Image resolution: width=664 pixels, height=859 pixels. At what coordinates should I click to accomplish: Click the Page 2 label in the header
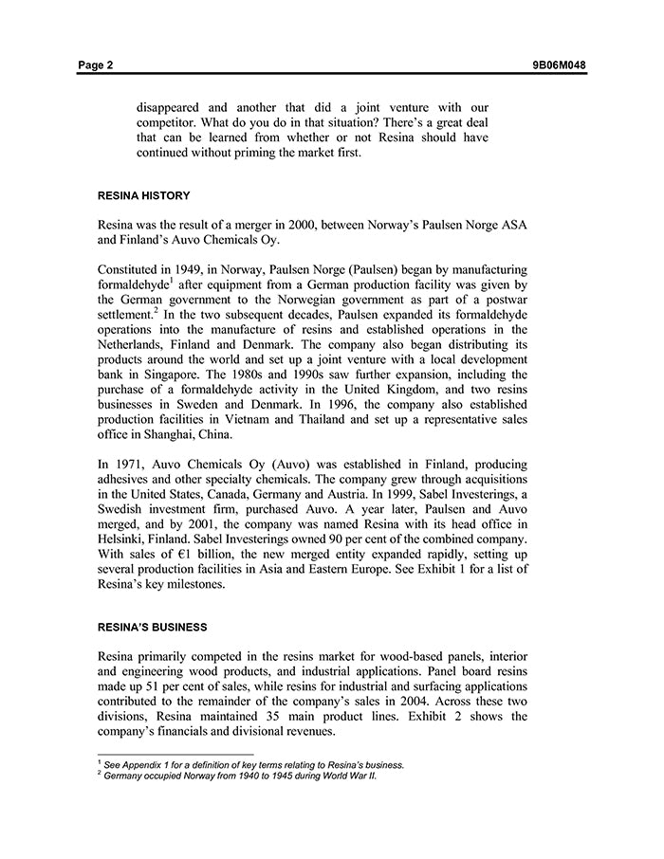[96, 65]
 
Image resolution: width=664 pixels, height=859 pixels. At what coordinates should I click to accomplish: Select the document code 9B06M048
[560, 65]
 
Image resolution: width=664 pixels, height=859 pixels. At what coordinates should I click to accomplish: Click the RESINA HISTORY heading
[144, 196]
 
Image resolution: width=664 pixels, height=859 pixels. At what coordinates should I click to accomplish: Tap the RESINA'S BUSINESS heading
[153, 628]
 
